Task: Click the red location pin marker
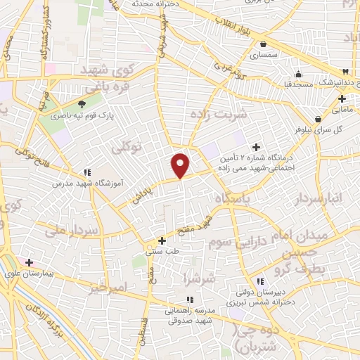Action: click(x=181, y=165)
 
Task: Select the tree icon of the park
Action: click(x=82, y=104)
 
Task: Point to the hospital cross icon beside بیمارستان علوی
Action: click(x=29, y=263)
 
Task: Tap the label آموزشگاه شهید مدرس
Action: click(x=87, y=182)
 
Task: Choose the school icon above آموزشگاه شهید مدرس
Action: click(x=87, y=172)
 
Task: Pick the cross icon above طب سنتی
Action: click(x=162, y=240)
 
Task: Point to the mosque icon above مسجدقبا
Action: click(x=298, y=74)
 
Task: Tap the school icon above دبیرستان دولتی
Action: click(x=259, y=281)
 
